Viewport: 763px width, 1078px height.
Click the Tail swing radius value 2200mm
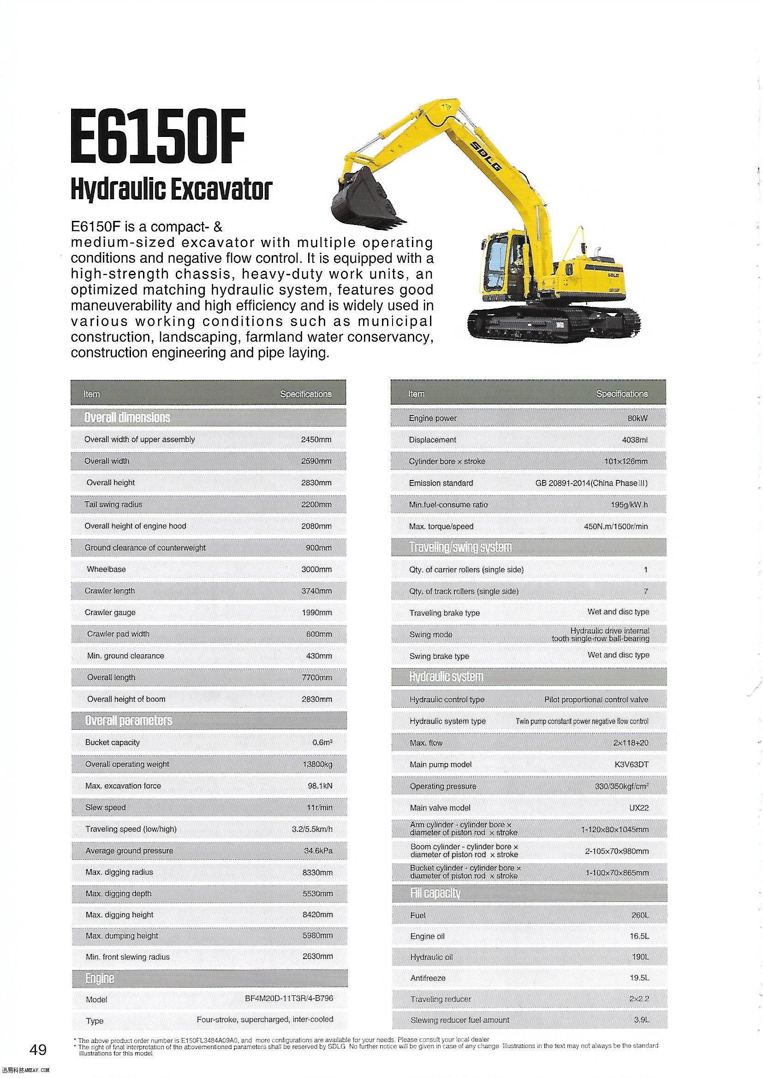point(316,504)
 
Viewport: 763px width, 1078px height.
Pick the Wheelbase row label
point(106,569)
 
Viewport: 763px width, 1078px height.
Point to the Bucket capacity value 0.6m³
point(322,742)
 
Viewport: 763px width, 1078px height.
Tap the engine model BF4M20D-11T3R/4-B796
point(288,998)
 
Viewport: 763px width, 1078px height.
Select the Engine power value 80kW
point(638,418)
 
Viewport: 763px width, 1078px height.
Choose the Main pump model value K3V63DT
point(634,764)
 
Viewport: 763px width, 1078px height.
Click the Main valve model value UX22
point(639,807)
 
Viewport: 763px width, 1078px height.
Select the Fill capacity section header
point(435,893)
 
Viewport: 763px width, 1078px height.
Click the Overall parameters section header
point(128,721)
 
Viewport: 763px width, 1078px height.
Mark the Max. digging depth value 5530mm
point(317,894)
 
